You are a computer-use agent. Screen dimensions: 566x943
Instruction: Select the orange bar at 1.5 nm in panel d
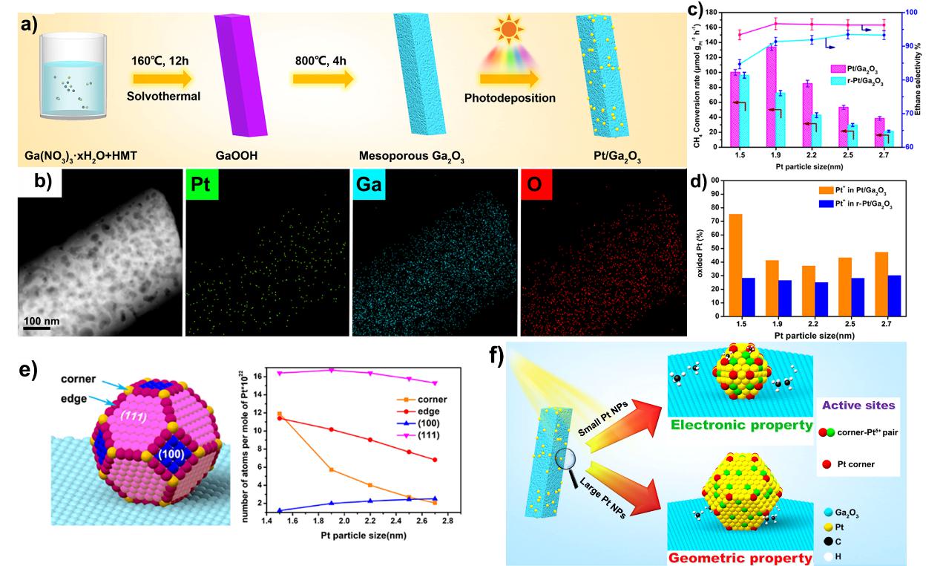736,264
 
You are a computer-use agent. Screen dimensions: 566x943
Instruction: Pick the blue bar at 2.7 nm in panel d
893,296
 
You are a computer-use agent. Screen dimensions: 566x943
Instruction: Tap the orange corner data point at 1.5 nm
279,414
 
